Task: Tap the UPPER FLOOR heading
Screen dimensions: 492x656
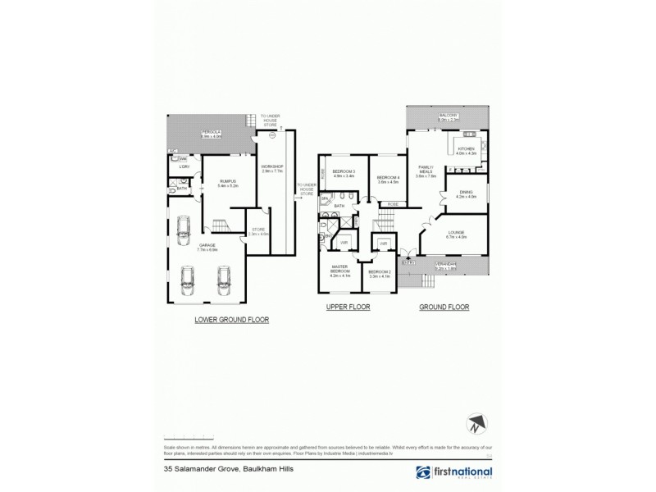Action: [348, 307]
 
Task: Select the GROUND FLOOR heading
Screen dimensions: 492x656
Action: [444, 307]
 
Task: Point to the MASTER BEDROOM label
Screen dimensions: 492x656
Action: [340, 271]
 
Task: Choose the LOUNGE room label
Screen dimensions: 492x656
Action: [457, 235]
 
